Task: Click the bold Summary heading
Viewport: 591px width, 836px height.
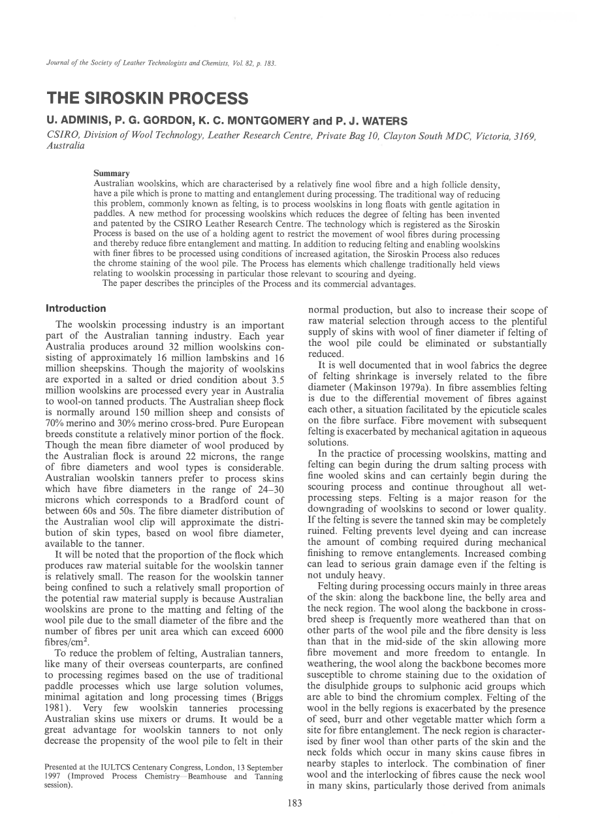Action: point(112,173)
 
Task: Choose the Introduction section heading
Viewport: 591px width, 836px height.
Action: point(76,309)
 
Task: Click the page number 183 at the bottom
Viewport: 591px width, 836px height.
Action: point(295,803)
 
